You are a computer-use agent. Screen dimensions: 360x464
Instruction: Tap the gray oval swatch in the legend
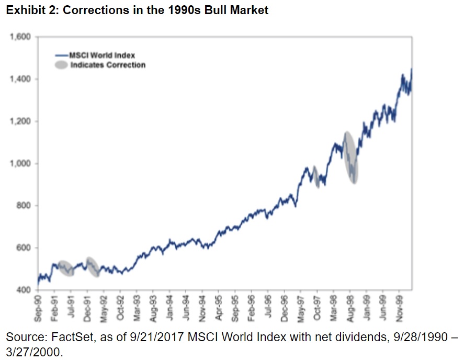tap(61, 65)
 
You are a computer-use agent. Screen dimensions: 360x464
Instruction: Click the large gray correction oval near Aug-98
tap(350, 157)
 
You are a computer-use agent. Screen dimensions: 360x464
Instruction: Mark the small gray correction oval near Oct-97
tap(315, 177)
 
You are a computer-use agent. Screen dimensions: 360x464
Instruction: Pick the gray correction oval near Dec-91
tap(92, 267)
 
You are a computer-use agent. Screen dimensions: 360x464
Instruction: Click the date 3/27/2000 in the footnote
tap(31, 352)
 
